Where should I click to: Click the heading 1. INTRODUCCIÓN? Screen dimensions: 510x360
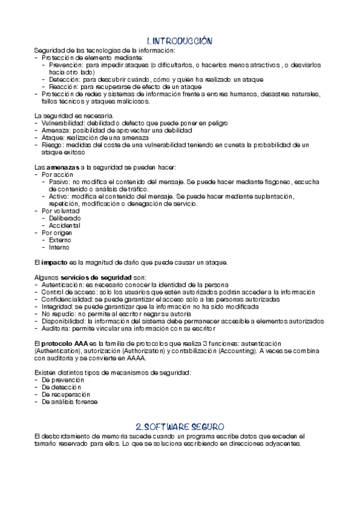pyautogui.click(x=180, y=41)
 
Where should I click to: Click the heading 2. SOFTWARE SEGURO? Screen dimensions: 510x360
pyautogui.click(x=180, y=426)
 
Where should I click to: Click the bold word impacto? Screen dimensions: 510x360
pyautogui.click(x=54, y=262)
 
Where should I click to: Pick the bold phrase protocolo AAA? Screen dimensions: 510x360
pyautogui.click(x=64, y=342)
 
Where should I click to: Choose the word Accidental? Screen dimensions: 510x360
pyautogui.click(x=65, y=226)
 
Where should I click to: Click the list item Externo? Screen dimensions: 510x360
pyautogui.click(x=59, y=240)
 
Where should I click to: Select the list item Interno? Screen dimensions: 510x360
pyautogui.click(x=59, y=247)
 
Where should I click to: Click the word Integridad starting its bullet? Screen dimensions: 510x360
pyautogui.click(x=58, y=306)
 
